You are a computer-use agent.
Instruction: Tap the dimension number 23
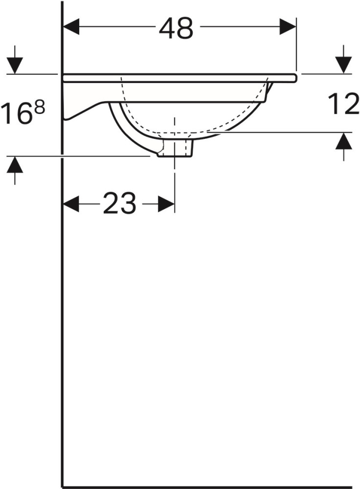pos(119,203)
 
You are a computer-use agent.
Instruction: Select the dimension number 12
pos(343,104)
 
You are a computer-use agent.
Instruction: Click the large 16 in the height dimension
pos(16,114)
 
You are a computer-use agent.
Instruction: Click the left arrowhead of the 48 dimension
pos(71,26)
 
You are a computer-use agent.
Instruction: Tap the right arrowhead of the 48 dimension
pos(288,26)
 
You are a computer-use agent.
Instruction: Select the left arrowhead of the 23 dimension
pos(71,204)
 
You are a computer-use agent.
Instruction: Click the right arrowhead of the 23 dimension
pos(166,204)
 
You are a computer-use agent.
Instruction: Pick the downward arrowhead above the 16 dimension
pos(15,66)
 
